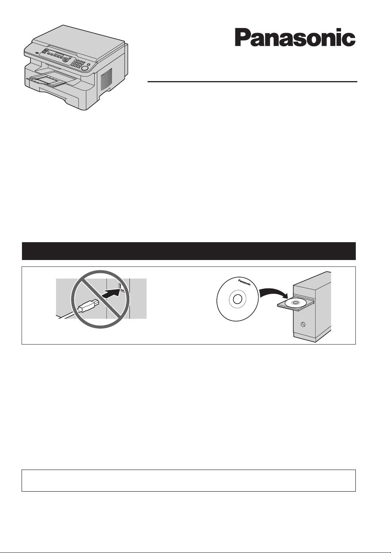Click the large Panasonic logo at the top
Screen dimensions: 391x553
[x=295, y=37]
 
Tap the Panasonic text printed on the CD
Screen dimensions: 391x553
[x=244, y=282]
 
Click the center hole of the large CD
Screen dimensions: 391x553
[x=237, y=299]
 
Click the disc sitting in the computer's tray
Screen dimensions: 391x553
[x=295, y=302]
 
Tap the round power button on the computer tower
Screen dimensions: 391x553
[x=303, y=324]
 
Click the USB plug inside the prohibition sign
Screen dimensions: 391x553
[x=87, y=306]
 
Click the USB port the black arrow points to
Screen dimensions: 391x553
[x=120, y=286]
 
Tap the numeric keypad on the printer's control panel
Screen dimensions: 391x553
[x=78, y=64]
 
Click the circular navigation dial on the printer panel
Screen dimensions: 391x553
[x=65, y=60]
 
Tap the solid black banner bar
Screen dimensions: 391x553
[x=188, y=251]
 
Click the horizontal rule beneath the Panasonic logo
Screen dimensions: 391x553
[x=252, y=81]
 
